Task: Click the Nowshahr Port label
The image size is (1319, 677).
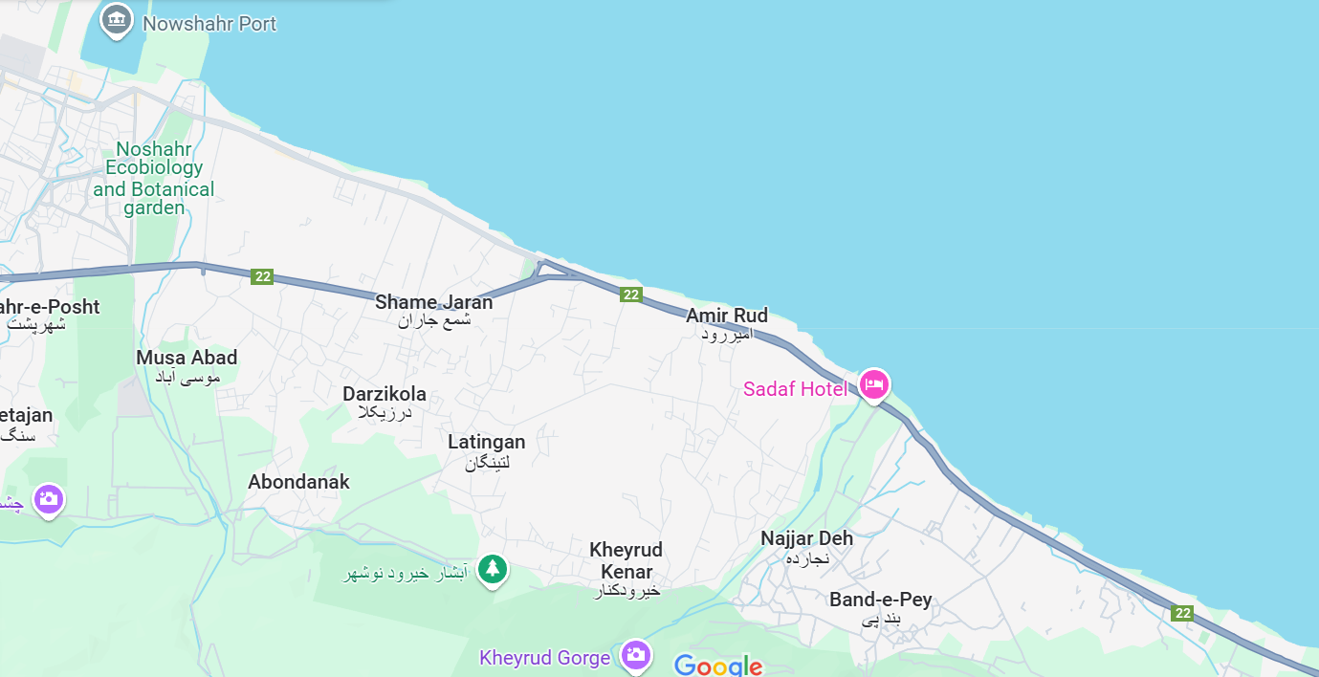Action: (x=209, y=24)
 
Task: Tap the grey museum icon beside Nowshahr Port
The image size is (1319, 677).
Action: (x=117, y=20)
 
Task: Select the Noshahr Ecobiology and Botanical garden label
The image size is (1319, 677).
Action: (x=154, y=178)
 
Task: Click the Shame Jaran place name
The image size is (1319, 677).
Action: (x=433, y=302)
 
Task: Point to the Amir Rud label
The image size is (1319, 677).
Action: (x=727, y=316)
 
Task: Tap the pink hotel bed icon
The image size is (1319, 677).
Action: (x=873, y=384)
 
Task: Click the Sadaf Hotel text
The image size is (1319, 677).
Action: (x=795, y=389)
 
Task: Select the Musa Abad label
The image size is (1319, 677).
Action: (x=187, y=358)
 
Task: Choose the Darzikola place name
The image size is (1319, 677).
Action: (x=385, y=394)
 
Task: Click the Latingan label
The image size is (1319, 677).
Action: (x=487, y=442)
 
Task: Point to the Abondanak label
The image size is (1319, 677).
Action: (x=298, y=482)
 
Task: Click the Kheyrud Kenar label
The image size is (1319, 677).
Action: (x=626, y=560)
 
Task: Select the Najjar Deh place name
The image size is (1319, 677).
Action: (x=806, y=538)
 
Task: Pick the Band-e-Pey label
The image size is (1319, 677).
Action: (x=880, y=601)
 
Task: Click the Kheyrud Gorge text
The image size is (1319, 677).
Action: (x=544, y=658)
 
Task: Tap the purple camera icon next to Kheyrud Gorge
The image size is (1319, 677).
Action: (x=635, y=655)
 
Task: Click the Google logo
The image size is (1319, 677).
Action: (x=717, y=666)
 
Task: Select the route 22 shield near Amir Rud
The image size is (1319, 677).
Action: (x=630, y=295)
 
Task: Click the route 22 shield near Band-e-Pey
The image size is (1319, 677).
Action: (x=1183, y=613)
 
